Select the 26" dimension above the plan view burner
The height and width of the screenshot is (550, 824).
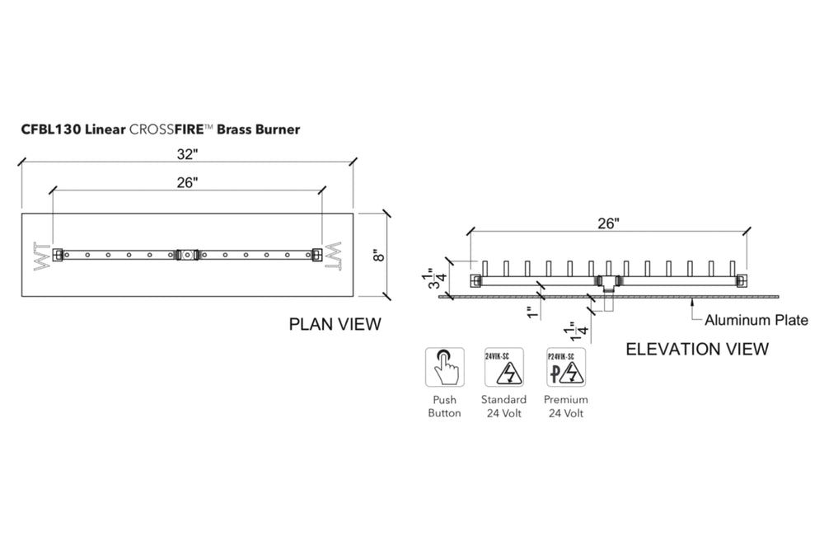pyautogui.click(x=188, y=182)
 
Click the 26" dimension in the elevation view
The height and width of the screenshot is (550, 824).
pyautogui.click(x=608, y=222)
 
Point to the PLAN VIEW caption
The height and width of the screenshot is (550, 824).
pyautogui.click(x=335, y=324)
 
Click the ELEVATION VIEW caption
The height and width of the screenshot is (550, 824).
pyautogui.click(x=698, y=349)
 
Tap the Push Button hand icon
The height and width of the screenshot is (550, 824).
pyautogui.click(x=443, y=366)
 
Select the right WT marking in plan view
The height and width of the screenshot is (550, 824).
pyautogui.click(x=333, y=256)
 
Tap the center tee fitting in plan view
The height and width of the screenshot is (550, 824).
pyautogui.click(x=187, y=256)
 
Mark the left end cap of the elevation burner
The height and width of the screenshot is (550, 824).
pyautogui.click(x=475, y=280)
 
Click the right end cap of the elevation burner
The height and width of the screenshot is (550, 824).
pyautogui.click(x=742, y=280)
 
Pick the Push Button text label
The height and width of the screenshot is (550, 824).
pyautogui.click(x=444, y=407)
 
